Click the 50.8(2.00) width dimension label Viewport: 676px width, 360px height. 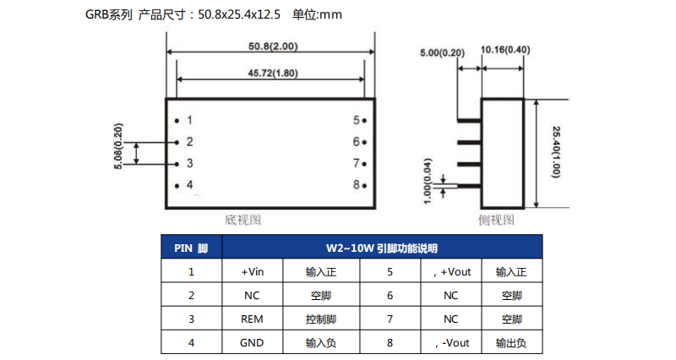coord(271,46)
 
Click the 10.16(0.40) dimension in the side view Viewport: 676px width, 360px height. coord(504,49)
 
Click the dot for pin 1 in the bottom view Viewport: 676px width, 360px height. coord(177,121)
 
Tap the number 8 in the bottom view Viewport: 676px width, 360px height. coord(357,184)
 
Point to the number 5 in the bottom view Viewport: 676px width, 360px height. coord(357,121)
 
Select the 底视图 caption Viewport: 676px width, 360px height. coord(243,220)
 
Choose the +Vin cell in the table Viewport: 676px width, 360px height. coord(253,272)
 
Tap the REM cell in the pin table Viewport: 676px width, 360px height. coord(253,319)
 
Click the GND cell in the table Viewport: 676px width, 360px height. coord(253,343)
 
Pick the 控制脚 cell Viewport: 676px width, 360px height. coord(321,319)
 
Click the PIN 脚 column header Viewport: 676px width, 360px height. coord(191,248)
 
